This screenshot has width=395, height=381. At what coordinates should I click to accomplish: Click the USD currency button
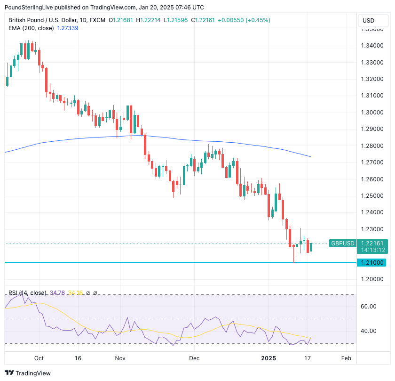coord(369,21)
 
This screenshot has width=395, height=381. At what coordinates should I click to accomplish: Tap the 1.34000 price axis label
coord(371,46)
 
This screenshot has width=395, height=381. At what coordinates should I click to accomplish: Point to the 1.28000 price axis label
coord(371,146)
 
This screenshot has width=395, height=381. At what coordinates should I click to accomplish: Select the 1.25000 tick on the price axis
coord(371,196)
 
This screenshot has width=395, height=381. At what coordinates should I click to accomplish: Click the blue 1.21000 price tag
coord(371,262)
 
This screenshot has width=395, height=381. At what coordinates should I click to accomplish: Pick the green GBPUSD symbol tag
coord(343,243)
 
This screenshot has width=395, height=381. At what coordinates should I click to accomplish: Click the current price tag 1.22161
coord(371,243)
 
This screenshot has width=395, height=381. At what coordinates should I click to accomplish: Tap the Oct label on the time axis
coord(39,358)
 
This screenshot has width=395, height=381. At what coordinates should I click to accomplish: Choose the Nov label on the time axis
coord(120,358)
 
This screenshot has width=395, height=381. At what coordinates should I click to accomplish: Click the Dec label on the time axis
coord(194,358)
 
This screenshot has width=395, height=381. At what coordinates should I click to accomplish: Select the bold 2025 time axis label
coord(269,358)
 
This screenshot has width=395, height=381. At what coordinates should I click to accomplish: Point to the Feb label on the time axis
coord(346,358)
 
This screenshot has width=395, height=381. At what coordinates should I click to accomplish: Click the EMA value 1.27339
coord(68,28)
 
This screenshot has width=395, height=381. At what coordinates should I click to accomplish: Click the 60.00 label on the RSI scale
coord(368,306)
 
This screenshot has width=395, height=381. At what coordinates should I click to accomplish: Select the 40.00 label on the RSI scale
coord(368,331)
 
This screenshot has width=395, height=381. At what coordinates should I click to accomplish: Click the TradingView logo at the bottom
coord(28,373)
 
